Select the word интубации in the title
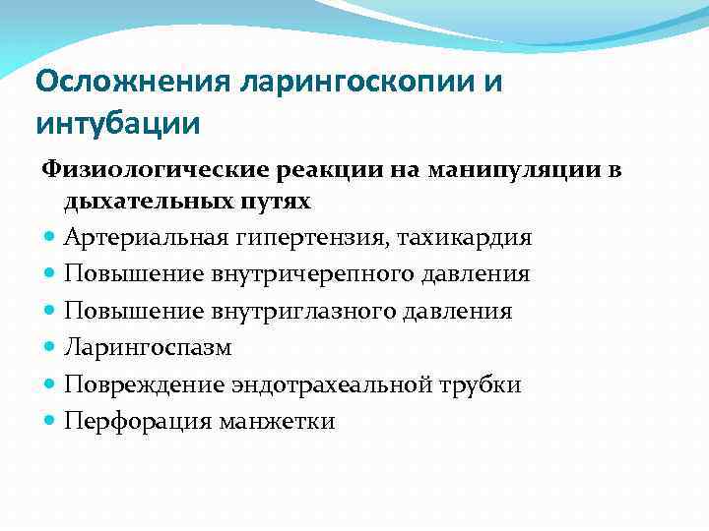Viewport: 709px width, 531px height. click(x=118, y=125)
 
